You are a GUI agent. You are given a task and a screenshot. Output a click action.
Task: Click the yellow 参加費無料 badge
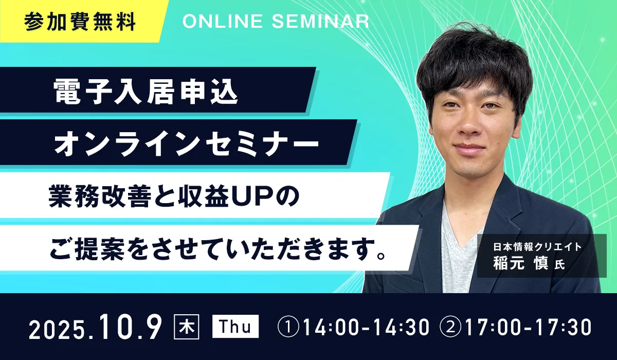80,21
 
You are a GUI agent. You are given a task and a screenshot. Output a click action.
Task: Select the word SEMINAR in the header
321,21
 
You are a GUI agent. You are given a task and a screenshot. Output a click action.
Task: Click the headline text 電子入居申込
146,92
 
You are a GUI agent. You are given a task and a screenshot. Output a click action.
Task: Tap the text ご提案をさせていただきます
211,249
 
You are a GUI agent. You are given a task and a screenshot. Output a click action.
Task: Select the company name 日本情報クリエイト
537,247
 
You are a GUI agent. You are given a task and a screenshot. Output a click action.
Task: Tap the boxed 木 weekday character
187,327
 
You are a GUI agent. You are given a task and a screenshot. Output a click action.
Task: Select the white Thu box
235,327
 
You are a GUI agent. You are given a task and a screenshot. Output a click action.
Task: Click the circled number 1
288,327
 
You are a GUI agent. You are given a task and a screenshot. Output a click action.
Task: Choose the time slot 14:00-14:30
366,327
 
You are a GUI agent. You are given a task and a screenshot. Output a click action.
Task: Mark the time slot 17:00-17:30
528,327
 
